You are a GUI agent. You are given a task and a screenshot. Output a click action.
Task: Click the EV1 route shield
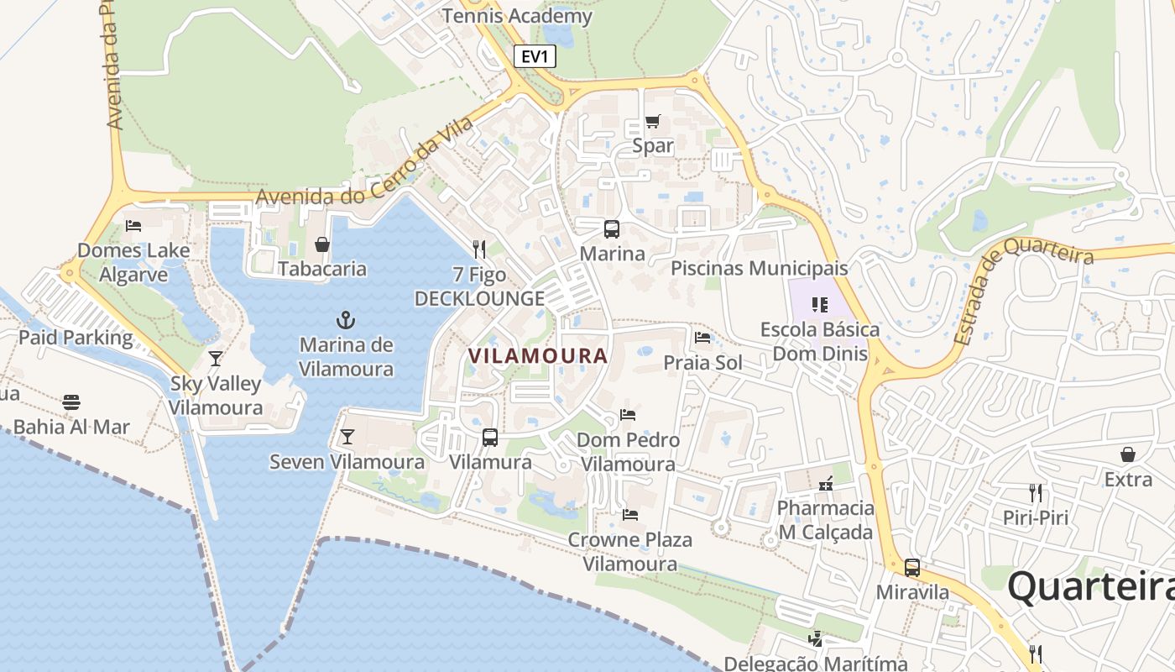pos(535,56)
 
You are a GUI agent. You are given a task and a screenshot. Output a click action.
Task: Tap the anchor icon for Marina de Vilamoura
pos(345,320)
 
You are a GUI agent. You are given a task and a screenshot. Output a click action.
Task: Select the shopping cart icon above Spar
pos(652,122)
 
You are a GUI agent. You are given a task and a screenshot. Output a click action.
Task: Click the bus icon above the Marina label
pos(612,229)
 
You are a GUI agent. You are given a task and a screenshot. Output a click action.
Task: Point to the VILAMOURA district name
pos(537,356)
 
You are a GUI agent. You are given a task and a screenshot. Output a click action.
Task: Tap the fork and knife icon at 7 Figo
pos(479,249)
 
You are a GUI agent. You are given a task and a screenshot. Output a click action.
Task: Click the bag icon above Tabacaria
pos(321,244)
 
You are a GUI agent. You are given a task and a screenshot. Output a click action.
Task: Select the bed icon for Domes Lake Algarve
pos(133,225)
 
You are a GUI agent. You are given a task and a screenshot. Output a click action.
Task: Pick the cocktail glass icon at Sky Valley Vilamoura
pos(216,359)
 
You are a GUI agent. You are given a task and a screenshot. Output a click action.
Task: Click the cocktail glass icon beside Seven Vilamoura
pos(347,437)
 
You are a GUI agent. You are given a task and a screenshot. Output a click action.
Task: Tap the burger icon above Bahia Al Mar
pos(71,402)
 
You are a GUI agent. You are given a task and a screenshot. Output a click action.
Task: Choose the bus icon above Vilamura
pos(489,438)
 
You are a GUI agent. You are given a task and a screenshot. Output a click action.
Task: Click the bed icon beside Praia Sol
pos(702,338)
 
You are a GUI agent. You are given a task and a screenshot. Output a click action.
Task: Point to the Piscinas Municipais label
pos(760,269)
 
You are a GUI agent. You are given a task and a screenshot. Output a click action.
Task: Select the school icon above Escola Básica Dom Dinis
pos(819,304)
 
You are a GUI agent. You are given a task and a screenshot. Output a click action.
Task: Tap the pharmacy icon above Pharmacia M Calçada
pos(826,484)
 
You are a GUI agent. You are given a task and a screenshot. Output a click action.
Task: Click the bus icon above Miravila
pos(912,568)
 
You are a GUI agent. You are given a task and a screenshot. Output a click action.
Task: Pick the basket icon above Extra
pos(1128,454)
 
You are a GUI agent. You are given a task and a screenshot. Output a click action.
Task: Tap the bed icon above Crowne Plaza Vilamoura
pos(630,514)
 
